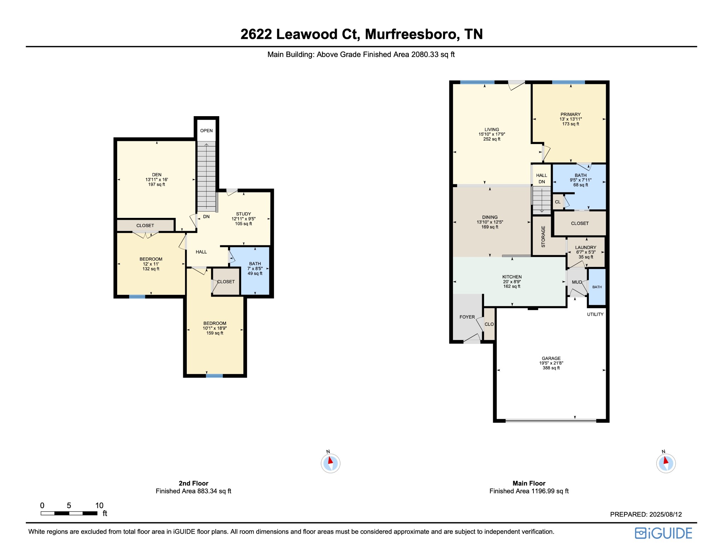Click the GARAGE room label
pos(551,358)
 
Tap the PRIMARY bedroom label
pos(570,114)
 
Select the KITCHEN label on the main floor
pos(512,277)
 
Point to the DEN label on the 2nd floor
pos(157,175)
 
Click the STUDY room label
pos(244,214)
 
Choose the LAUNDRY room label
pos(586,248)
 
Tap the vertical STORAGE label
pos(543,237)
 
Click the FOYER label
pos(467,317)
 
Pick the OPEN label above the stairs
pos(207,131)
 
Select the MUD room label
pos(577,282)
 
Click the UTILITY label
pos(595,314)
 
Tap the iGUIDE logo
pos(664,533)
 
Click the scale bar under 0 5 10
pos(69,513)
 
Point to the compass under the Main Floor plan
pos(666,463)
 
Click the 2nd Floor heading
pos(193,483)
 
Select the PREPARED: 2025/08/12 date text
pos(646,515)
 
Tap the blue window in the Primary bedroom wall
pos(568,82)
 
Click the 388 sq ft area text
pos(551,368)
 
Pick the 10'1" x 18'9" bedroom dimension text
pos(215,328)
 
